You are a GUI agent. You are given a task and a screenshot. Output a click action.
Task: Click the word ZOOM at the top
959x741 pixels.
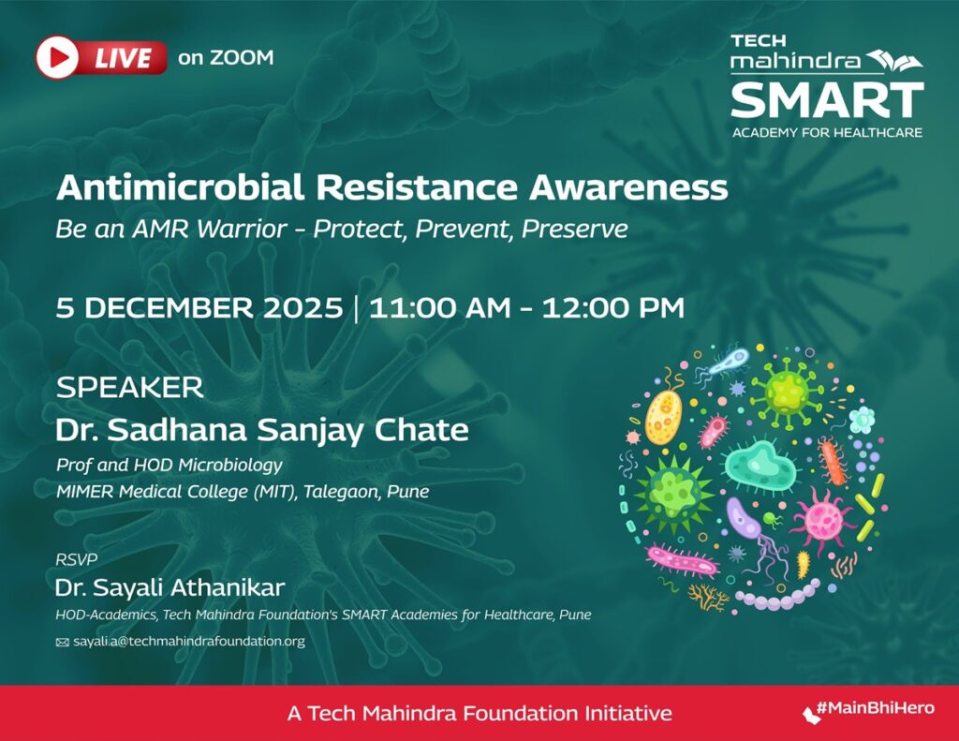241,57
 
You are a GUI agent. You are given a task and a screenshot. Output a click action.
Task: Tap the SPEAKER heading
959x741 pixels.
130,387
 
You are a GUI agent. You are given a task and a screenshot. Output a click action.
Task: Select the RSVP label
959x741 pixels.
77,560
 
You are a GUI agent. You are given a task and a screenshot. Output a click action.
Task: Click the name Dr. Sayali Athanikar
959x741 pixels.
170,588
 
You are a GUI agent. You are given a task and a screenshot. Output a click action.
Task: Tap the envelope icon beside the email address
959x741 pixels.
63,642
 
